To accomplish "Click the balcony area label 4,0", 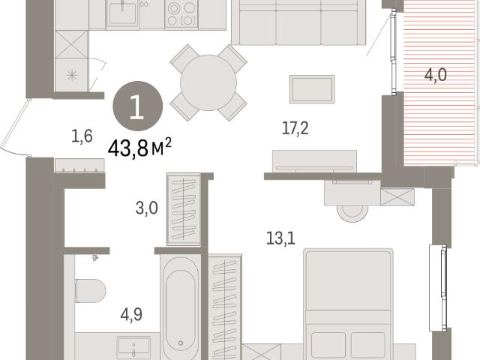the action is coord(435,75).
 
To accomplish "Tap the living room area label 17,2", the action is coord(295,128).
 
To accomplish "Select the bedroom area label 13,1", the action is coord(280,238).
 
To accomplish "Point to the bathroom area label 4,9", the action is coord(131,315).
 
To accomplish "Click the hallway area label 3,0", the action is coord(147,208).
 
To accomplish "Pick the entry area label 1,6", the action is coord(82,136).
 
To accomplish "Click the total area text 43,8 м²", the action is coord(139,148).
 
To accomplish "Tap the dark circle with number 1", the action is coord(138,106).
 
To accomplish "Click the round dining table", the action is coord(208,82).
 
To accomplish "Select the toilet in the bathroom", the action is coord(90,290).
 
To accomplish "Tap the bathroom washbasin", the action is coord(133,346).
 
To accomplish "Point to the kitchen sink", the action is coord(122,13).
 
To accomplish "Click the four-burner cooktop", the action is coord(181,13).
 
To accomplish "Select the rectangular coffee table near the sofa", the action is coord(312,89).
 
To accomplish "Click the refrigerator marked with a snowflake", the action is coord(72,75).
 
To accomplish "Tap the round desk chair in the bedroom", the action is coord(352,212).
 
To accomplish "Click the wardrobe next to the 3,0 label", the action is coord(184,209).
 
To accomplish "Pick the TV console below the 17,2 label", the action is coord(314,161).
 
